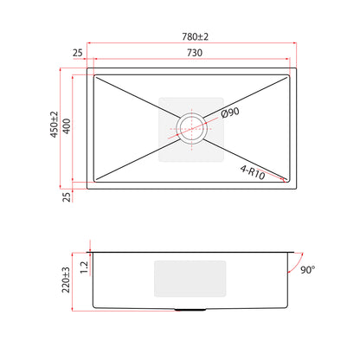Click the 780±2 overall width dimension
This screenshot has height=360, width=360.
click(195, 37)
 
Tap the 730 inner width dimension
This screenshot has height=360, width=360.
click(195, 53)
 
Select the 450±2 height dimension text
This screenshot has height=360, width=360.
click(55, 125)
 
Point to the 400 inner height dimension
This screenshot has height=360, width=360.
click(67, 126)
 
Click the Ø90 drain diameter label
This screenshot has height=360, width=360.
click(230, 112)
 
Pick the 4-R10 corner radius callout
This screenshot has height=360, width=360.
click(253, 172)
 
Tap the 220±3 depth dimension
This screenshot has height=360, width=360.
click(66, 280)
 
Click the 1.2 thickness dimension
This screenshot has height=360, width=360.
click(84, 267)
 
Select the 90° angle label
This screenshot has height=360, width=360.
click(307, 270)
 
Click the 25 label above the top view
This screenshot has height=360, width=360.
click(77, 53)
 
